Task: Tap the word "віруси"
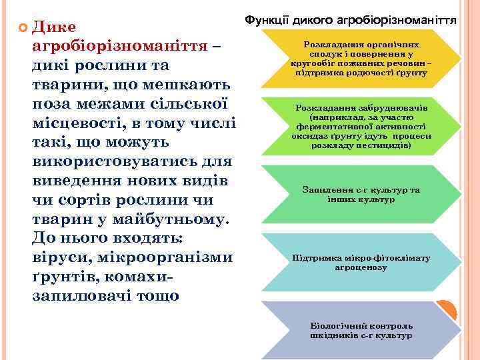click(x=60, y=257)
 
